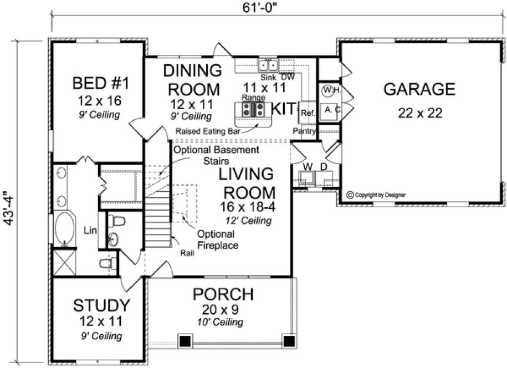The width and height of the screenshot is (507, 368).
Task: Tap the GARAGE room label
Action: [419, 89]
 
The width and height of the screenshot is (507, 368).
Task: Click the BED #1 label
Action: [101, 84]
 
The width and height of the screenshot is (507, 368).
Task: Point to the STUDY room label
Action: [102, 305]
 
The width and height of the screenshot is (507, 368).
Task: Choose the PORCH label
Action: [223, 293]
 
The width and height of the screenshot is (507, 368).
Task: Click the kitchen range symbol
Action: [254, 109]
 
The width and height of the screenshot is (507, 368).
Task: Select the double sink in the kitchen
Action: [269, 66]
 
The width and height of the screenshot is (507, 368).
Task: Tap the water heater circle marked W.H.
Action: [328, 90]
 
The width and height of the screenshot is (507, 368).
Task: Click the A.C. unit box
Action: [332, 110]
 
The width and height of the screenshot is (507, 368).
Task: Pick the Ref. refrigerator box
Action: [308, 113]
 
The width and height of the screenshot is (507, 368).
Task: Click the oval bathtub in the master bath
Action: [65, 228]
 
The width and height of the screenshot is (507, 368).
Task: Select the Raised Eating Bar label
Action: [207, 131]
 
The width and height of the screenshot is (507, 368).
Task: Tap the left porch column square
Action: [185, 340]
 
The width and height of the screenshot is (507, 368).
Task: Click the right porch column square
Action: [288, 340]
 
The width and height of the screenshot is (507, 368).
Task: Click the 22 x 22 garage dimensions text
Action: [419, 113]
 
